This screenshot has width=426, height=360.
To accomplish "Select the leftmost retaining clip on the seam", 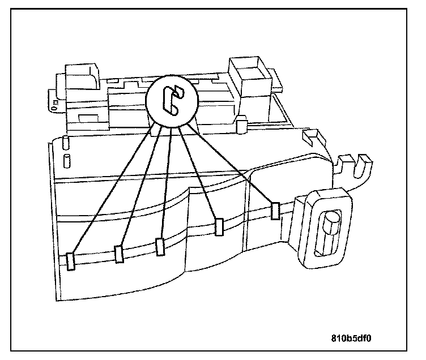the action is (x=71, y=260).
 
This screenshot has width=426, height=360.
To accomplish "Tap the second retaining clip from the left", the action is (x=119, y=254).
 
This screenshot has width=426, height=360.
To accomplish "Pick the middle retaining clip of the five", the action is (x=160, y=246).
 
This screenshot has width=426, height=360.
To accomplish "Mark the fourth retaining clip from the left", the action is (x=219, y=226).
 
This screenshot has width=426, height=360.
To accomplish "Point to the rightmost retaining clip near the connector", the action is (x=275, y=211).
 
